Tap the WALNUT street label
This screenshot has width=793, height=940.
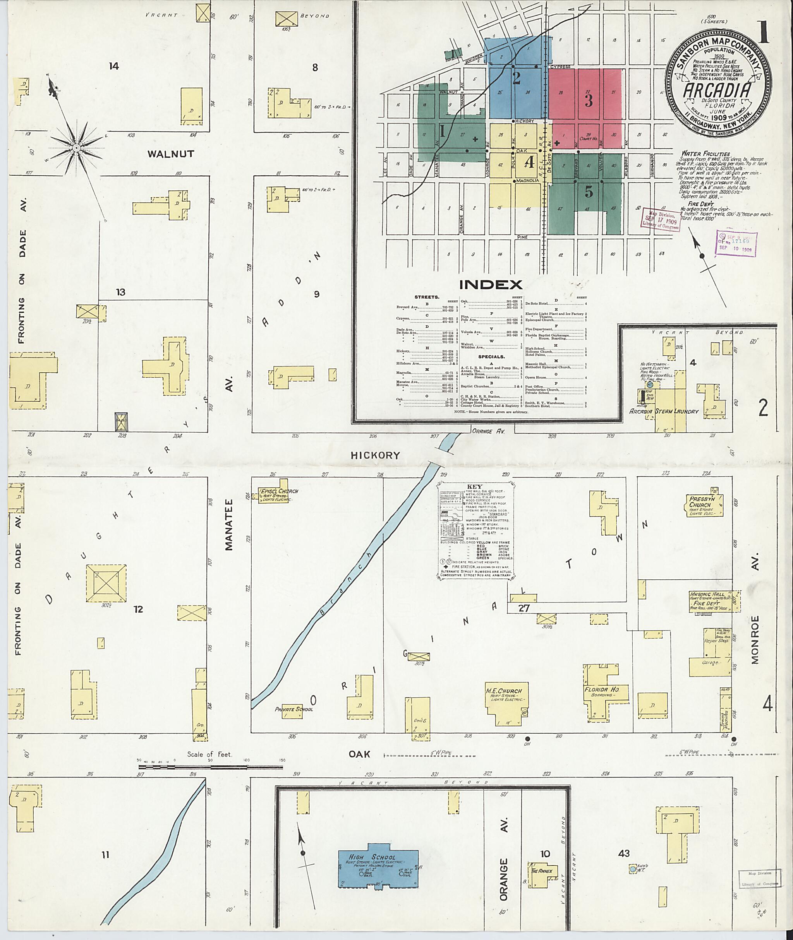click(x=171, y=154)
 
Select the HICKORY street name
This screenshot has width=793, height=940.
click(x=375, y=455)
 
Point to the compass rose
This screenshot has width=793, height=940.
click(x=76, y=147)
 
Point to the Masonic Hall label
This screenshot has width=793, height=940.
click(x=707, y=594)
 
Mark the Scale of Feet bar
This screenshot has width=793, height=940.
click(x=211, y=761)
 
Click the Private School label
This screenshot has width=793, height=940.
click(x=294, y=709)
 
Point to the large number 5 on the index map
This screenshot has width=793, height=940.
click(x=589, y=192)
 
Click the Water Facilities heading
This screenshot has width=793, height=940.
click(x=705, y=154)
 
